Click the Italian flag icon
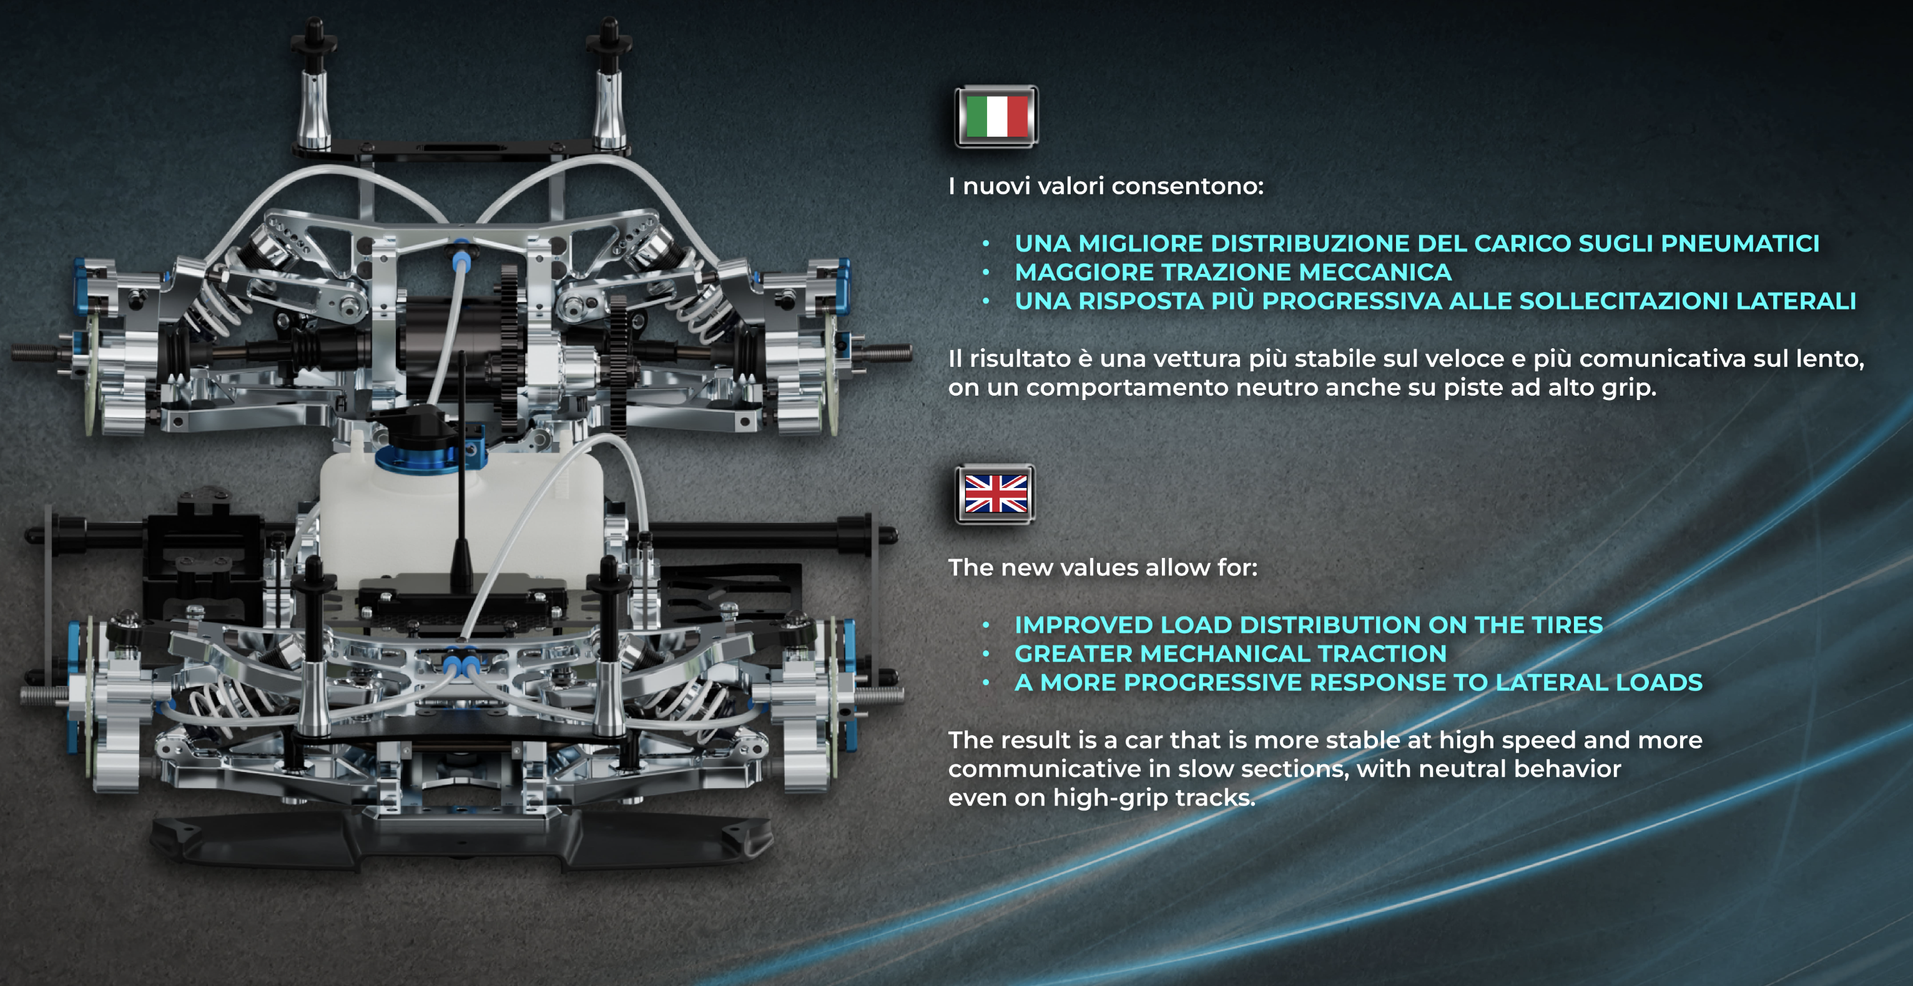coord(996,117)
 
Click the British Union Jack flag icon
coord(995,494)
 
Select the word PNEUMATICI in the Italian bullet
coord(1740,243)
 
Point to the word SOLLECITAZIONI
coord(1619,301)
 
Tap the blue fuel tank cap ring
coord(416,457)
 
